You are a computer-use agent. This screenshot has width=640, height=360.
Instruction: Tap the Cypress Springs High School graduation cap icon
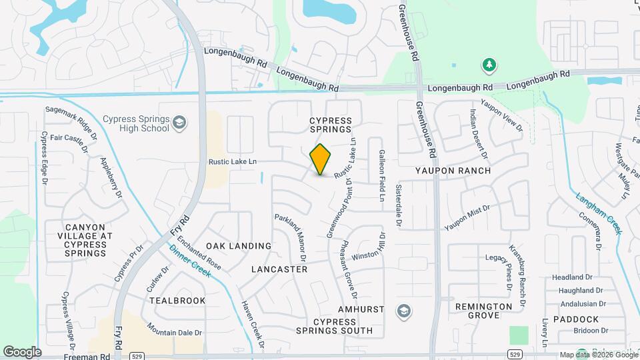(179, 123)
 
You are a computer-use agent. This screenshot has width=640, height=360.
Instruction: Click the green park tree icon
(489, 65)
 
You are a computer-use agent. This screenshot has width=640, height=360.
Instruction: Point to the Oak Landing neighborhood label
(239, 246)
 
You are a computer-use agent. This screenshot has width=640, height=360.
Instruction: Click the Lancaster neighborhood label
(279, 269)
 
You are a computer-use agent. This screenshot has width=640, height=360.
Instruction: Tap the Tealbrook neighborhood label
(177, 301)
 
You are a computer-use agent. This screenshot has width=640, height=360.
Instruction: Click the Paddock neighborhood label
(575, 320)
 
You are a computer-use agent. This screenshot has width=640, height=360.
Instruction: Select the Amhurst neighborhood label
(361, 310)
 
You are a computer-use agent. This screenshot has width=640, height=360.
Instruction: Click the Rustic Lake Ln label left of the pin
(233, 161)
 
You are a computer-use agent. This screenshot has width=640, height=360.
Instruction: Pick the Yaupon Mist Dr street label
(467, 217)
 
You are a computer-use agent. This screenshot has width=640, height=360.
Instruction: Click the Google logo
(22, 351)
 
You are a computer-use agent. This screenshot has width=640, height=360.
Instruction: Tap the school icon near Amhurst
(403, 311)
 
